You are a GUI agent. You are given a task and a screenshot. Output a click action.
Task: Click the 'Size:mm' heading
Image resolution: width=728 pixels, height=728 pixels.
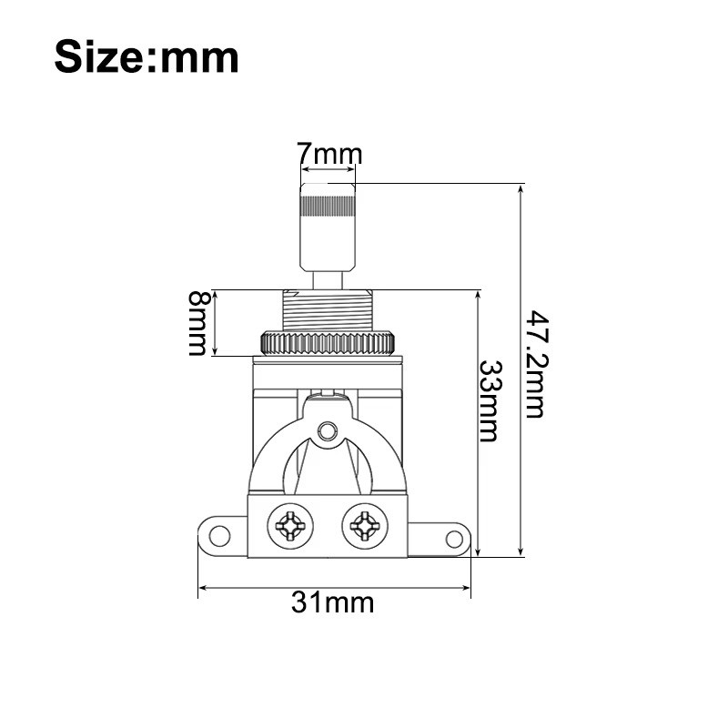[147, 56]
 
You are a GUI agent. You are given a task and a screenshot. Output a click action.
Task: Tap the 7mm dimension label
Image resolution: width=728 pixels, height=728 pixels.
[329, 155]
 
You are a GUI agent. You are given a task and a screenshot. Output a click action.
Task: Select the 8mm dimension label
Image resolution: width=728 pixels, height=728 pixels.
[197, 323]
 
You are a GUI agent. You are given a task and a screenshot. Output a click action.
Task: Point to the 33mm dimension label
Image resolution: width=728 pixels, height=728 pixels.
[490, 400]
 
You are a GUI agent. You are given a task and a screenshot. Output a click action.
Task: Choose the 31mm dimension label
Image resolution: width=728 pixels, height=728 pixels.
[332, 602]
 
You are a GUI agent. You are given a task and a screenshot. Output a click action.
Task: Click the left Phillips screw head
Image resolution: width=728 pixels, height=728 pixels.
[290, 525]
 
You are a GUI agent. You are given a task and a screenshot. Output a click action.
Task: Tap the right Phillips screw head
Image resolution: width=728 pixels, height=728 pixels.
[363, 525]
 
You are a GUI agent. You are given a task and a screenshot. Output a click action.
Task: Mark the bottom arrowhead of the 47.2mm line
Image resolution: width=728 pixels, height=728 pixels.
[521, 551]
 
